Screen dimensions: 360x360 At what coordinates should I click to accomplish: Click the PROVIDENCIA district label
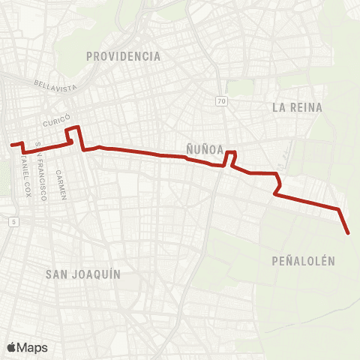[124, 56]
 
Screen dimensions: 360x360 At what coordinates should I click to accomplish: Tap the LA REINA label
[297, 107]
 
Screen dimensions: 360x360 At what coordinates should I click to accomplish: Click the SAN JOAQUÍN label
[83, 274]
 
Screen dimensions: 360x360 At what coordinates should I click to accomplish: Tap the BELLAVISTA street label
[56, 86]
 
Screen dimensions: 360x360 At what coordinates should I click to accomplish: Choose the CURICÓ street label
[56, 121]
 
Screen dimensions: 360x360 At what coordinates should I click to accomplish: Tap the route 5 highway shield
[13, 222]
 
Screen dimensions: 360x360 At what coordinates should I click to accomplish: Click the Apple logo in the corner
[12, 347]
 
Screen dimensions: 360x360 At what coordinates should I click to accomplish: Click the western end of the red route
[10, 144]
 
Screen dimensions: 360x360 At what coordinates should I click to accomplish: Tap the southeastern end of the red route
[349, 233]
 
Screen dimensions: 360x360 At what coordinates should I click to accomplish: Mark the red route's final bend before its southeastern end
[340, 209]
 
